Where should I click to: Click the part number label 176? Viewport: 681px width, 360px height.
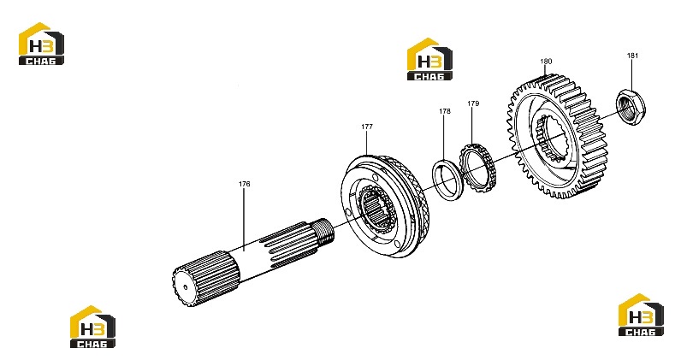tap(245, 184)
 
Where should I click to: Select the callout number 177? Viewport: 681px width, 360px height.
tap(367, 127)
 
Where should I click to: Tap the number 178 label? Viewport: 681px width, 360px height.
tap(445, 111)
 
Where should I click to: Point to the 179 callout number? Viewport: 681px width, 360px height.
tap(473, 103)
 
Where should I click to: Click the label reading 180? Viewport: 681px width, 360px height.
tap(546, 62)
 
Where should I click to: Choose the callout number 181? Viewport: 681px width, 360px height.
tap(633, 55)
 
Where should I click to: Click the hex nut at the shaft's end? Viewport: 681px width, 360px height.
tap(631, 105)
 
